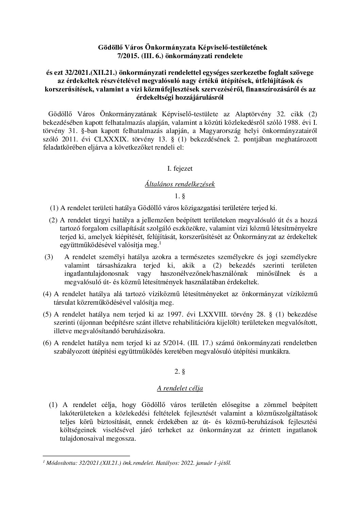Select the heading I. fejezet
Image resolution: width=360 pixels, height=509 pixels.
(x=180, y=168)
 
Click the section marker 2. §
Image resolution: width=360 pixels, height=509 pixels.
(x=180, y=372)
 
